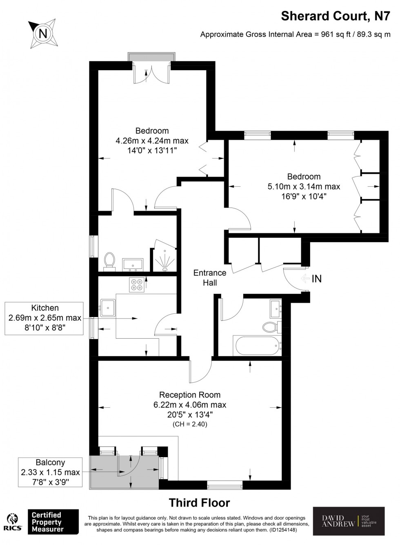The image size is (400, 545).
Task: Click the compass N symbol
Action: (x=43, y=33)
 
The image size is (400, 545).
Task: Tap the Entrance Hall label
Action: (x=209, y=277)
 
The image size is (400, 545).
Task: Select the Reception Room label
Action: (x=190, y=395)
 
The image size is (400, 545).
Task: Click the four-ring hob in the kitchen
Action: (x=136, y=284)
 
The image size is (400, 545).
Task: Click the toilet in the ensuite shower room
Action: (x=109, y=261)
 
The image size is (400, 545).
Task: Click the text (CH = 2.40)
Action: (x=190, y=424)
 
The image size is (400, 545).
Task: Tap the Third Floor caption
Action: (x=200, y=503)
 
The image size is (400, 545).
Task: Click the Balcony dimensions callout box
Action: (x=50, y=472)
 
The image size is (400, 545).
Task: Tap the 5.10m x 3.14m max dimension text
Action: (x=304, y=186)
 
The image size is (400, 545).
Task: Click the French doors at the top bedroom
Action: (x=151, y=74)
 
